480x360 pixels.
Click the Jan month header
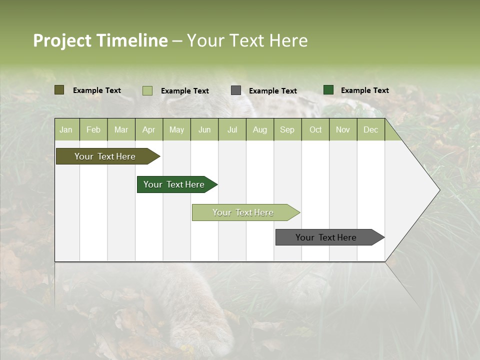click(66, 130)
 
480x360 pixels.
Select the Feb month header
click(93, 130)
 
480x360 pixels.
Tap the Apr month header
click(148, 130)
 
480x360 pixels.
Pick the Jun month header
click(204, 130)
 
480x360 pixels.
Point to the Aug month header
click(259, 130)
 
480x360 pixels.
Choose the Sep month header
click(287, 130)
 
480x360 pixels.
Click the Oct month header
click(315, 130)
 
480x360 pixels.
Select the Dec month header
click(370, 130)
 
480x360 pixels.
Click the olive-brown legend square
click(59, 90)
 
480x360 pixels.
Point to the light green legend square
click(147, 90)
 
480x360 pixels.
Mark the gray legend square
click(236, 90)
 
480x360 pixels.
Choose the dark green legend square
click(328, 90)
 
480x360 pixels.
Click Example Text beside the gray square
click(272, 91)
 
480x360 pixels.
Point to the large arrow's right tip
click(438, 190)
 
